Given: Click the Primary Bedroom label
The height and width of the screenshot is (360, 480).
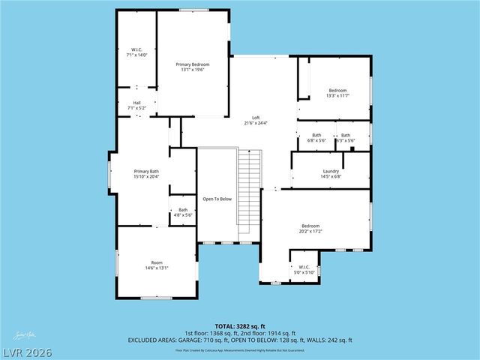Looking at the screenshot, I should point(193,64).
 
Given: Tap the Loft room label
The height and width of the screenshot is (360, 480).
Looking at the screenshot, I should point(256,118).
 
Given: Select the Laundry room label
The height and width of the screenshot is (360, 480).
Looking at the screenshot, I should point(331,171).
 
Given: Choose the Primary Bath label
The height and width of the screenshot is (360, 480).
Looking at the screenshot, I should point(146,171).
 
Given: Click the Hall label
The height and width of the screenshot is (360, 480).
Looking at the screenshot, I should point(137,103).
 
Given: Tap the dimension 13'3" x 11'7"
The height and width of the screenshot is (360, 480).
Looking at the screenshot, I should point(337,96).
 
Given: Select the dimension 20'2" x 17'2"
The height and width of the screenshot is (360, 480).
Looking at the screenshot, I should point(311,232).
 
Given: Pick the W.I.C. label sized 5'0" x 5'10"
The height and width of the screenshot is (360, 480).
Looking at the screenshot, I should point(304,272).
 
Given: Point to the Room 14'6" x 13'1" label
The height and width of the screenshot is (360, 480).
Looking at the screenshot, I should point(157,268).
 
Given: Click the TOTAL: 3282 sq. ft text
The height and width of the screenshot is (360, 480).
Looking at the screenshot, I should point(240,326).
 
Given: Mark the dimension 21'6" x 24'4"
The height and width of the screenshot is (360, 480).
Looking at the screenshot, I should point(256,123).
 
